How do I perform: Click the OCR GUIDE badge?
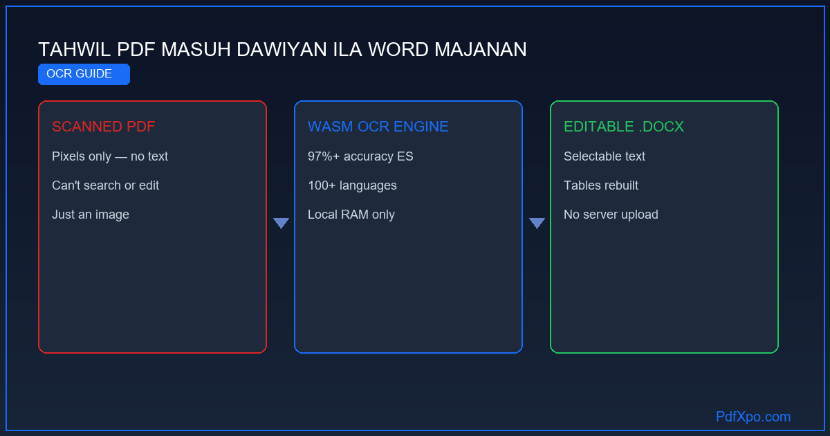pos(84,74)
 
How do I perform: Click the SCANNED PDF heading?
pos(103,127)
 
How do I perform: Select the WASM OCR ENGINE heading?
pos(378,127)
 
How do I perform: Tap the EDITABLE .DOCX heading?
pos(624,127)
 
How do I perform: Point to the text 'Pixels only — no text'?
pos(110,156)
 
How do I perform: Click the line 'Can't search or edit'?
pos(105,185)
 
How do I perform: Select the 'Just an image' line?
pos(91,215)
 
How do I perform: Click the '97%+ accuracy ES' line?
pos(360,156)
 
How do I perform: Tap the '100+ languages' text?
pos(352,185)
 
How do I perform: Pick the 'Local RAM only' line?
pos(351,215)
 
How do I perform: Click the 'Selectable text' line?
pos(605,156)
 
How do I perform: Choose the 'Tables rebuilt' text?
pos(600,185)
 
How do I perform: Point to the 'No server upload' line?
pos(611,215)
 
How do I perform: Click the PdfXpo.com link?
pos(753,417)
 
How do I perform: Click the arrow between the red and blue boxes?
pos(281,223)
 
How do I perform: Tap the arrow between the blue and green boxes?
pos(537,223)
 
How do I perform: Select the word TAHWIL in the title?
pos(75,50)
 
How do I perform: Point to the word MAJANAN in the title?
pos(480,50)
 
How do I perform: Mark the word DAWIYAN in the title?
pos(282,50)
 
